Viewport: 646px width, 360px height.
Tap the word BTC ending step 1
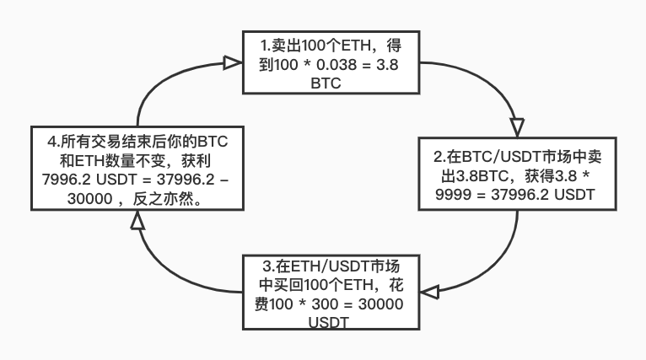click(x=327, y=83)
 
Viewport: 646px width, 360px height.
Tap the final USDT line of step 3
click(x=329, y=323)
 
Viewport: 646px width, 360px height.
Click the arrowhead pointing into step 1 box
click(x=231, y=62)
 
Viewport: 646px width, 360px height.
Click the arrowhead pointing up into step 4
click(x=138, y=221)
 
